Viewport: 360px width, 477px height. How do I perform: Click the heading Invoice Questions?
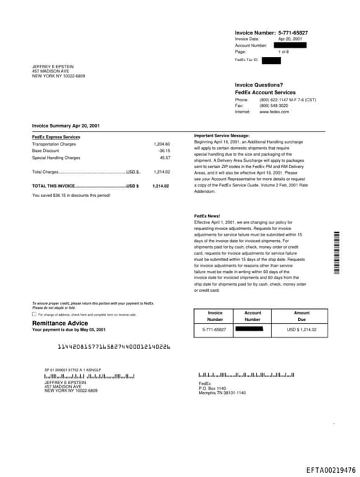(x=259, y=85)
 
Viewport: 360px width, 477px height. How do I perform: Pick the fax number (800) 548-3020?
(x=274, y=106)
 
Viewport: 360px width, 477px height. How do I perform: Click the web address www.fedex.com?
(x=274, y=112)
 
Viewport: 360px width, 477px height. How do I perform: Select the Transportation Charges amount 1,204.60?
(x=162, y=144)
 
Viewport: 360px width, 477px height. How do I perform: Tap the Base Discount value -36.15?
(x=164, y=151)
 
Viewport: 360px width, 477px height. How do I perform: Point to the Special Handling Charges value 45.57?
(x=165, y=158)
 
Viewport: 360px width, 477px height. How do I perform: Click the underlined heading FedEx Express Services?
(x=56, y=136)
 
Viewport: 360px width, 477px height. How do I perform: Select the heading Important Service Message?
(x=221, y=135)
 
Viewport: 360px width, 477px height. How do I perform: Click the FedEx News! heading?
(x=207, y=215)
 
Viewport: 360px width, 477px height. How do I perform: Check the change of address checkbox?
(x=34, y=314)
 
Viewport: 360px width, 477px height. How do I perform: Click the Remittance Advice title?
(x=60, y=323)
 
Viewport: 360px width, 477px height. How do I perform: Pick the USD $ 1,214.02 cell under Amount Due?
(x=302, y=329)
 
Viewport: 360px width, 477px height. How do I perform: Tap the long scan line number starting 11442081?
(x=113, y=347)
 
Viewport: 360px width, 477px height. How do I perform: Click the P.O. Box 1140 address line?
(x=212, y=388)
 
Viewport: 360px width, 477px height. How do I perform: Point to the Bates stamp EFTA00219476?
(x=330, y=469)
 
